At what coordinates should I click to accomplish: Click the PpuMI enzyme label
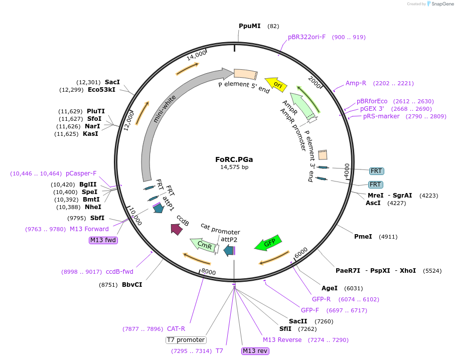click(x=249, y=26)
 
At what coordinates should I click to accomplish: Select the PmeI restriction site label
click(x=363, y=236)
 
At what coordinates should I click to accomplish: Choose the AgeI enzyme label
click(x=329, y=288)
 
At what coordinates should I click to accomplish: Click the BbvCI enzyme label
click(x=132, y=285)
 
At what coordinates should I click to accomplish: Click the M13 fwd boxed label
click(x=103, y=240)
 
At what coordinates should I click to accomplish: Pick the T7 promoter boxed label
click(x=186, y=340)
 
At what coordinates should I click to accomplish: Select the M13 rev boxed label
click(x=255, y=350)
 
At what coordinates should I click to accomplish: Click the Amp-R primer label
click(x=356, y=83)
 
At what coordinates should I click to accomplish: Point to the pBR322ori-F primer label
click(x=307, y=37)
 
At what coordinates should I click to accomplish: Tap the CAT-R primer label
click(x=176, y=329)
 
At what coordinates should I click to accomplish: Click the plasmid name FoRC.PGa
click(x=234, y=159)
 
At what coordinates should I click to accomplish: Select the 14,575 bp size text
click(x=234, y=167)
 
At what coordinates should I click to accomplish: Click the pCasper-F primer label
click(x=81, y=173)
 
